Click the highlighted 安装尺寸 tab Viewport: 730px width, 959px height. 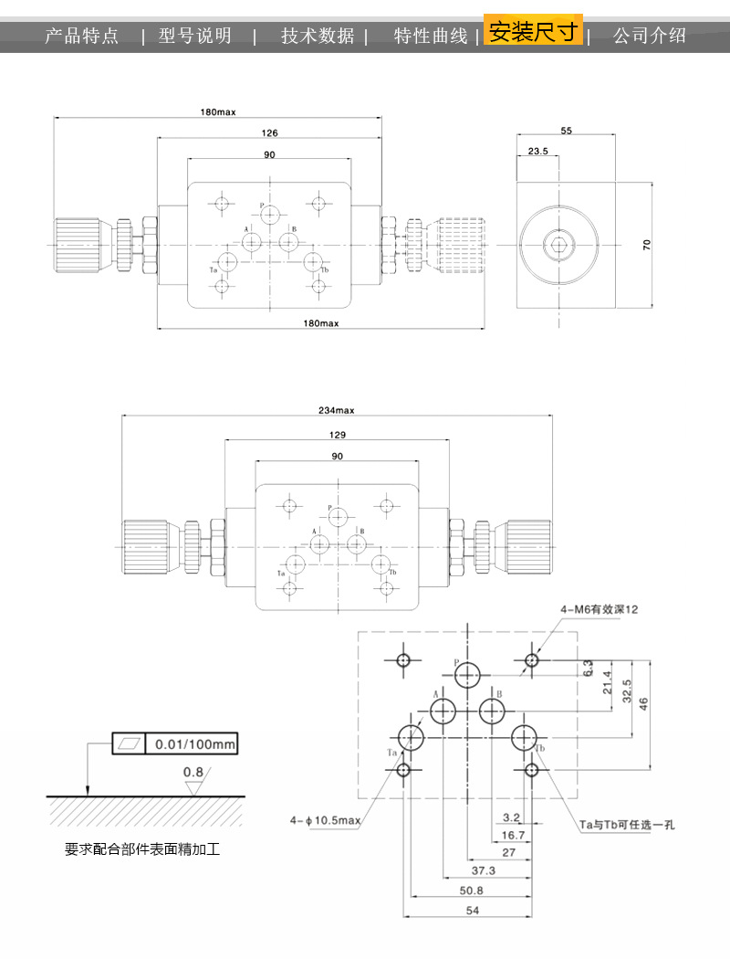[533, 33]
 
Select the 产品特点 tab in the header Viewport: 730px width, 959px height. [82, 37]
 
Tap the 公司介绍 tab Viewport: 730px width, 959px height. [649, 37]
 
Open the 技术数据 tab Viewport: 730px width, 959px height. [318, 37]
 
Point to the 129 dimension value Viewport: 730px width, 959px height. [337, 436]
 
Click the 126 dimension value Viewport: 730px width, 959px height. [270, 132]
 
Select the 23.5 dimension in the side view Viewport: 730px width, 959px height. [537, 152]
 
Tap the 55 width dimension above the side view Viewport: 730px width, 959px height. [566, 132]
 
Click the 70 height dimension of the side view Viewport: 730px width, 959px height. [646, 245]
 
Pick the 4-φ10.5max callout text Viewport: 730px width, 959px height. [326, 820]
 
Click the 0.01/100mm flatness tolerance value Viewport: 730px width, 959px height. [194, 744]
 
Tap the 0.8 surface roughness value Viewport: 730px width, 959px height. [193, 772]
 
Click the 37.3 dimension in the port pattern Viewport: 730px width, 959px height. [483, 870]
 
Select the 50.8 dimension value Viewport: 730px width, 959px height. [472, 890]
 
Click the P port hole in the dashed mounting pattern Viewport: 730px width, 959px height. [467, 675]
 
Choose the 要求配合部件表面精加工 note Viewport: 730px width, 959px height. [142, 849]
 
